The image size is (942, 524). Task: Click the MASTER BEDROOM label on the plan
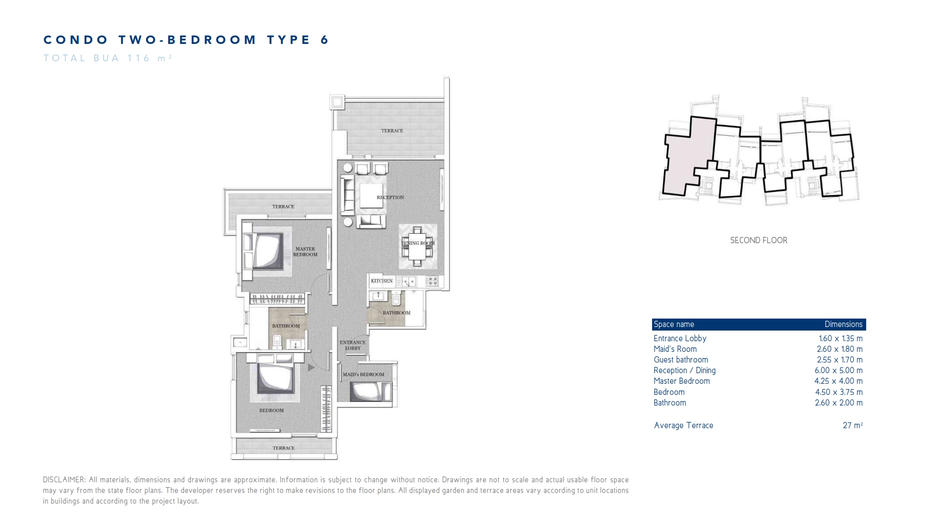tap(305, 252)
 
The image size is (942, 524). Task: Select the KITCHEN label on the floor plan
tap(381, 281)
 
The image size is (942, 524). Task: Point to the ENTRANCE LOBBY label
tap(353, 345)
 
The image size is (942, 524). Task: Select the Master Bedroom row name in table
tap(681, 381)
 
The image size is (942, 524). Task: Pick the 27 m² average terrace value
tap(852, 426)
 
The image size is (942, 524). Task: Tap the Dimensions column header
tap(843, 324)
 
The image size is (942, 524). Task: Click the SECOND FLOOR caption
tap(758, 240)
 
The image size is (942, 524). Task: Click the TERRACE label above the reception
tap(392, 131)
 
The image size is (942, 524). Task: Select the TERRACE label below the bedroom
tap(283, 448)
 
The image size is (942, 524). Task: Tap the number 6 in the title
tap(324, 40)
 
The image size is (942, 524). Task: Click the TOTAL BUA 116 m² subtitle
tap(107, 58)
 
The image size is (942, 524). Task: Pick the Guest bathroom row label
tap(680, 360)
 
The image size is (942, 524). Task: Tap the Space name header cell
tap(674, 324)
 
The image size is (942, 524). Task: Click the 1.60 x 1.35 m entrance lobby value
tap(840, 339)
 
